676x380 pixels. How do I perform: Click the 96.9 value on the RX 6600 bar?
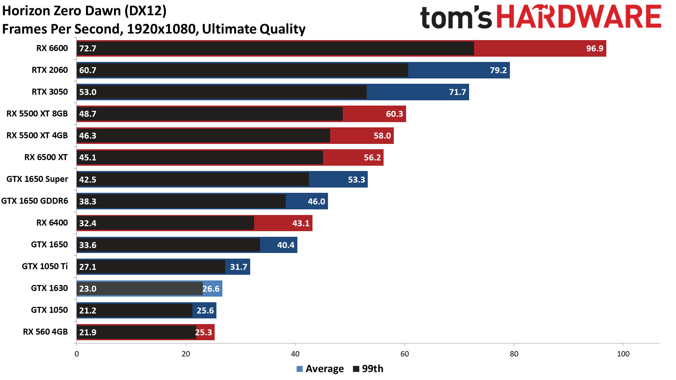point(594,49)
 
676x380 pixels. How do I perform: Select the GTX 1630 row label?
point(49,288)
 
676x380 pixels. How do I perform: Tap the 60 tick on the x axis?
point(405,354)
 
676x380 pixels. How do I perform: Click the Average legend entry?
point(320,369)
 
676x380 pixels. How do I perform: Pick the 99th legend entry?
point(368,369)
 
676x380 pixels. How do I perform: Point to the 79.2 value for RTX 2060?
point(498,70)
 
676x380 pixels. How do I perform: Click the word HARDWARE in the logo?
point(579,17)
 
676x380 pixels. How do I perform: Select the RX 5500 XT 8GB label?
point(37,114)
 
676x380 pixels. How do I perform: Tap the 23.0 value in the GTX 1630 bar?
point(88,289)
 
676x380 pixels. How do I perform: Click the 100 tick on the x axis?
point(623,354)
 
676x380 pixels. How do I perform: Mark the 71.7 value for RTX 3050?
point(457,92)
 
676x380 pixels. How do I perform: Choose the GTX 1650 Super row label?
point(37,179)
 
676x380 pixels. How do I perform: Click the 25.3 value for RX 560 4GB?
point(203,332)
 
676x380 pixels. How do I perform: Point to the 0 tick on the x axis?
point(77,354)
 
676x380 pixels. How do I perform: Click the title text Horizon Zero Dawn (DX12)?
point(84,11)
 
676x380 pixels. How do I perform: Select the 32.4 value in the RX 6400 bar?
point(88,223)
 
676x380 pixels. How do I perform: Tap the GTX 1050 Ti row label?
point(45,266)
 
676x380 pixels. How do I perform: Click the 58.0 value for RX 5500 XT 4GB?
point(382,136)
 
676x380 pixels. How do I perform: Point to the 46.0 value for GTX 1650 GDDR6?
point(316,202)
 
